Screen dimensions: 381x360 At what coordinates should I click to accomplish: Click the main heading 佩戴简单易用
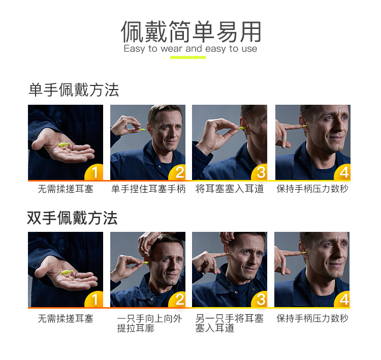click(x=191, y=32)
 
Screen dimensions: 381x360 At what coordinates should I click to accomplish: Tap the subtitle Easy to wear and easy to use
click(x=190, y=49)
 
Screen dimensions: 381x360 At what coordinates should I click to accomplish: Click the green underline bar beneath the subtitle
click(x=188, y=57)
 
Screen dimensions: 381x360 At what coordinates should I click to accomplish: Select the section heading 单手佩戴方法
click(x=74, y=90)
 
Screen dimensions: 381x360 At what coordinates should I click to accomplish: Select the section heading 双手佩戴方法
click(x=73, y=218)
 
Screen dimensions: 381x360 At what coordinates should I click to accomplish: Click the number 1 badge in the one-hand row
click(x=94, y=172)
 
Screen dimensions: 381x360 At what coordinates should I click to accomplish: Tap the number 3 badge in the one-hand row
click(x=260, y=172)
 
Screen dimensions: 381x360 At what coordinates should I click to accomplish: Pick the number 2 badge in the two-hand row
click(x=177, y=299)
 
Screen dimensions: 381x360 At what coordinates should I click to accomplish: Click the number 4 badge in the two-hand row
click(x=342, y=299)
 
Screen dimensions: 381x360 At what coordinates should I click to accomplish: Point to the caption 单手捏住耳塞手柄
click(x=148, y=189)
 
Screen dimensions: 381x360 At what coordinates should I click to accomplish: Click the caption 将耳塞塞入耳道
click(x=230, y=189)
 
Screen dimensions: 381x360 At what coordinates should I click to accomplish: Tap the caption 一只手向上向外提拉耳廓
click(x=149, y=323)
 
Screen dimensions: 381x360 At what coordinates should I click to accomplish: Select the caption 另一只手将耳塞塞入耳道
click(x=230, y=323)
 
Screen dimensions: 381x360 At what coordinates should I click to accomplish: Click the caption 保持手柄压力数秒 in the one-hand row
click(x=312, y=189)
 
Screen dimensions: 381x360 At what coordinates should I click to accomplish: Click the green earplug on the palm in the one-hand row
click(x=64, y=145)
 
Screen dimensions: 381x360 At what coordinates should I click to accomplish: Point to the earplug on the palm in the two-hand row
click(x=67, y=272)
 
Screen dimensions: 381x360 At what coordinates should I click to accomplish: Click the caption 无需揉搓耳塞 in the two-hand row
click(x=66, y=319)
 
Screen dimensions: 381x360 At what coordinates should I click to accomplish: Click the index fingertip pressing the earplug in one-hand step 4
click(x=300, y=127)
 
